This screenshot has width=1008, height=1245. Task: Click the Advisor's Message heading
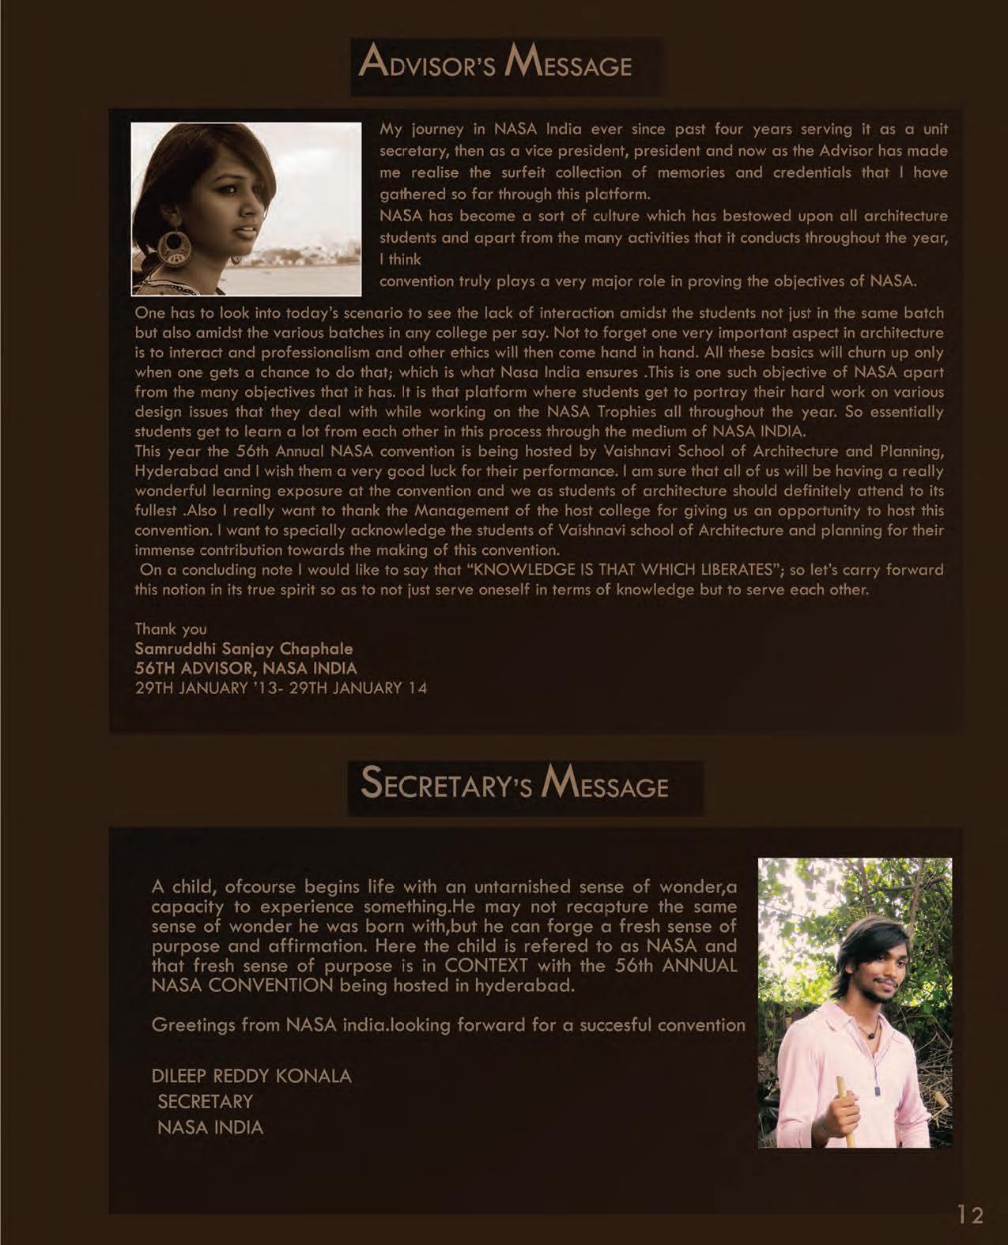[x=496, y=63]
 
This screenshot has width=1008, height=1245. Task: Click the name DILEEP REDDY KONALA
[x=251, y=1076]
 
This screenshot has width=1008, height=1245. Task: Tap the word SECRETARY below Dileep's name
[x=206, y=1101]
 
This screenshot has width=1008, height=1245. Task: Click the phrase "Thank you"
[x=171, y=629]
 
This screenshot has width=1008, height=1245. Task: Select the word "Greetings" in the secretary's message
[x=190, y=1025]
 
